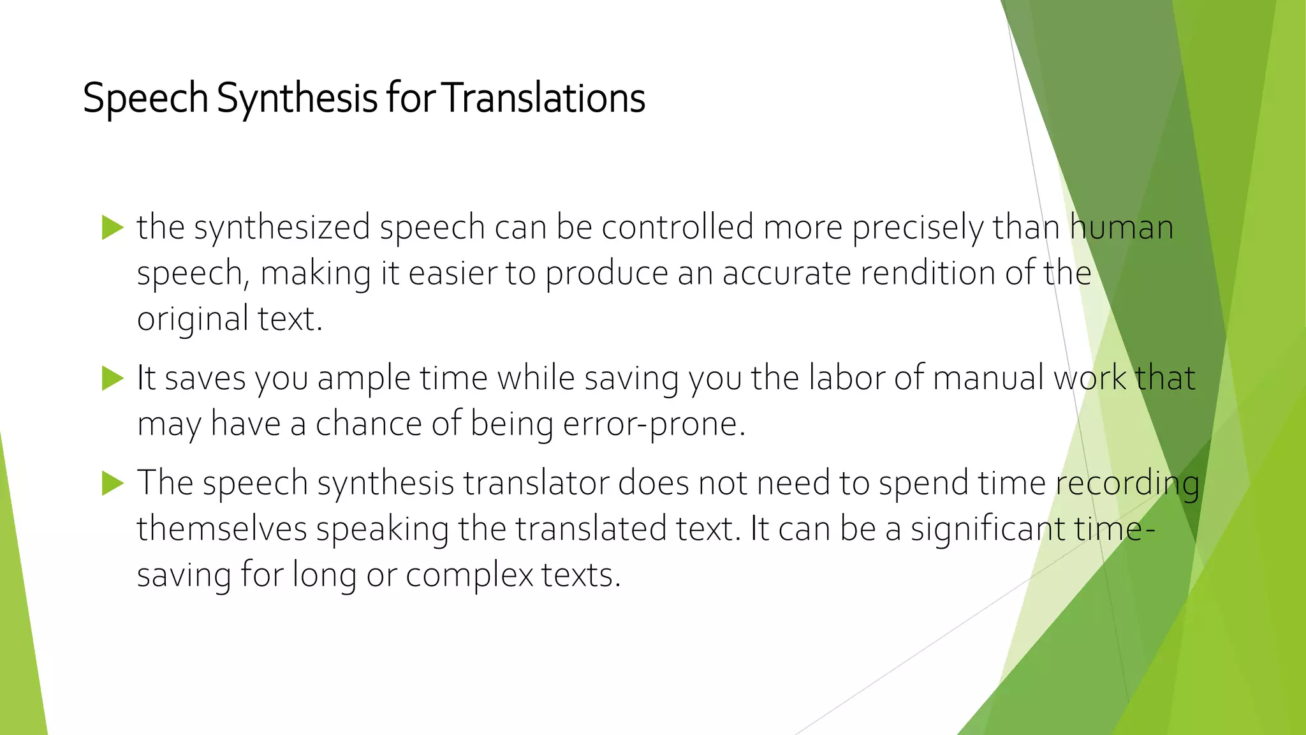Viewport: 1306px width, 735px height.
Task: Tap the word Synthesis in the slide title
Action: point(297,100)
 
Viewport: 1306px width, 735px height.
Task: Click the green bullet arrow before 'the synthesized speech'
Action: point(112,228)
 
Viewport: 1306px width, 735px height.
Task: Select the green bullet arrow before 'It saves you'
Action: point(112,378)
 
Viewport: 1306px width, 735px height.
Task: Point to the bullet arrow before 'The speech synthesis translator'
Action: point(112,483)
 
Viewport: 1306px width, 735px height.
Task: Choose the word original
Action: point(193,320)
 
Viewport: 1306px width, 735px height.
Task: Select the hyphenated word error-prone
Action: point(654,424)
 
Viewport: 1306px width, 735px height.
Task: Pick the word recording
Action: point(1127,484)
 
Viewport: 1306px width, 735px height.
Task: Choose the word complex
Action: point(469,575)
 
